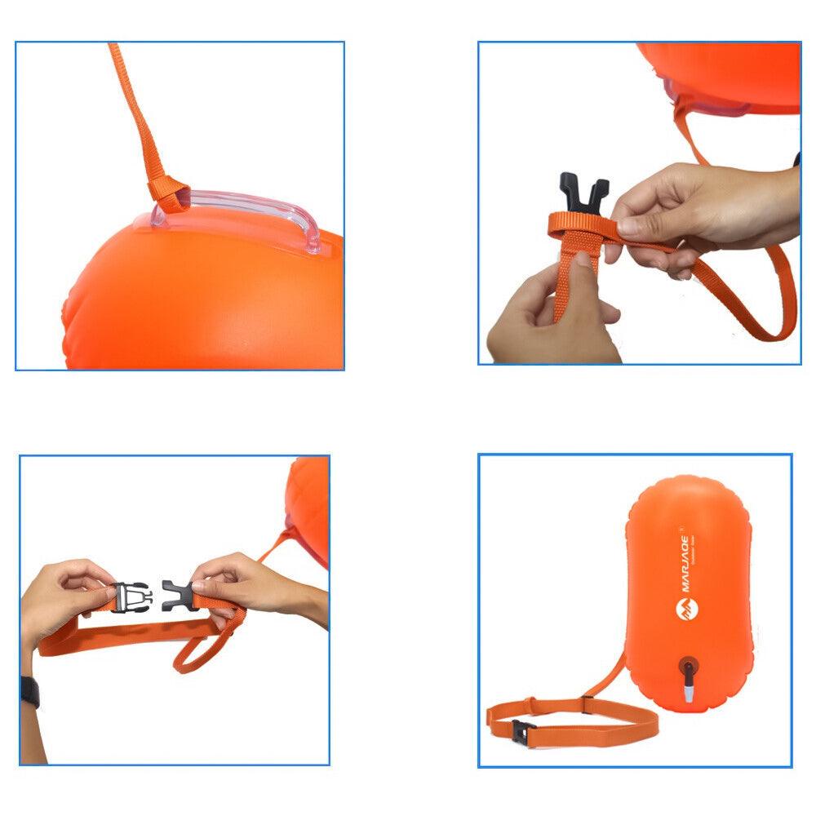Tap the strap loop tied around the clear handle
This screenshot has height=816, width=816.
click(166, 193)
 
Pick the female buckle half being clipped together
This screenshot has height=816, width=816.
click(177, 595)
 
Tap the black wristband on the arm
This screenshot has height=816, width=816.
click(29, 692)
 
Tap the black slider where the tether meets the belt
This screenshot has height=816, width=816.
click(585, 703)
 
